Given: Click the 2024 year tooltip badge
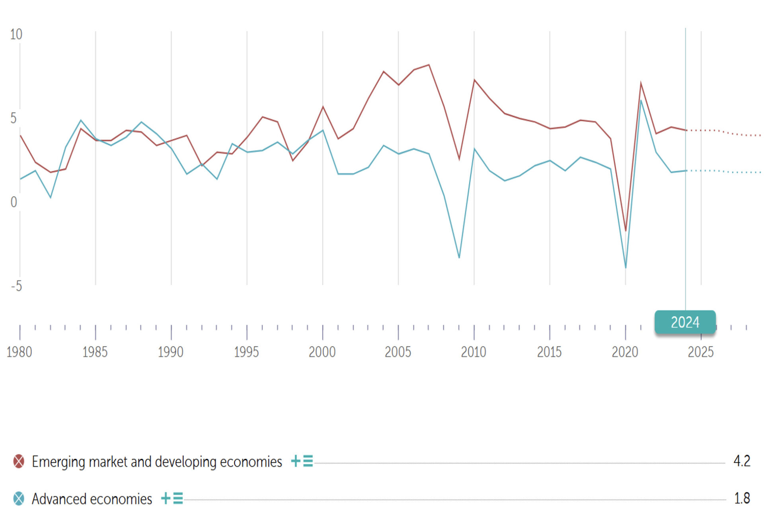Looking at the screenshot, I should click(685, 322).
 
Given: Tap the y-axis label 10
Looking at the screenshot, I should click(16, 35).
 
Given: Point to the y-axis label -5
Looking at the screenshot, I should click(16, 286).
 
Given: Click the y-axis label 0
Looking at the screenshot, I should click(14, 202).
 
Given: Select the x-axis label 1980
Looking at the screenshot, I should click(19, 352).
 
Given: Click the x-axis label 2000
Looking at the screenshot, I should click(322, 352).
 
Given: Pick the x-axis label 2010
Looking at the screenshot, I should click(474, 352).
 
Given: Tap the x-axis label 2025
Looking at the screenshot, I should click(701, 352).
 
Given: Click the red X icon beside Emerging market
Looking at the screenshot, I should click(19, 462).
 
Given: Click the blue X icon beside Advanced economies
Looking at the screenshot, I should click(19, 499).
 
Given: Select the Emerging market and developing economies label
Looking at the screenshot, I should click(157, 462).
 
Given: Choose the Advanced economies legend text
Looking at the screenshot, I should click(92, 499).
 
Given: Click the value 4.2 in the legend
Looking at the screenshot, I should click(742, 461).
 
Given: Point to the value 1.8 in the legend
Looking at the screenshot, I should click(742, 498).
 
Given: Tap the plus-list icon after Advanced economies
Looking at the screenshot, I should click(172, 498).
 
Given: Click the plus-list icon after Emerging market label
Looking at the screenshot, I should click(302, 461).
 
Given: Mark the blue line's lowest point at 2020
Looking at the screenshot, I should click(626, 267).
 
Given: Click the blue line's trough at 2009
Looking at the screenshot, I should click(459, 258).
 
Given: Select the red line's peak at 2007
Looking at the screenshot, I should click(429, 65).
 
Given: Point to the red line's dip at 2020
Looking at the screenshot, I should click(626, 231).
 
